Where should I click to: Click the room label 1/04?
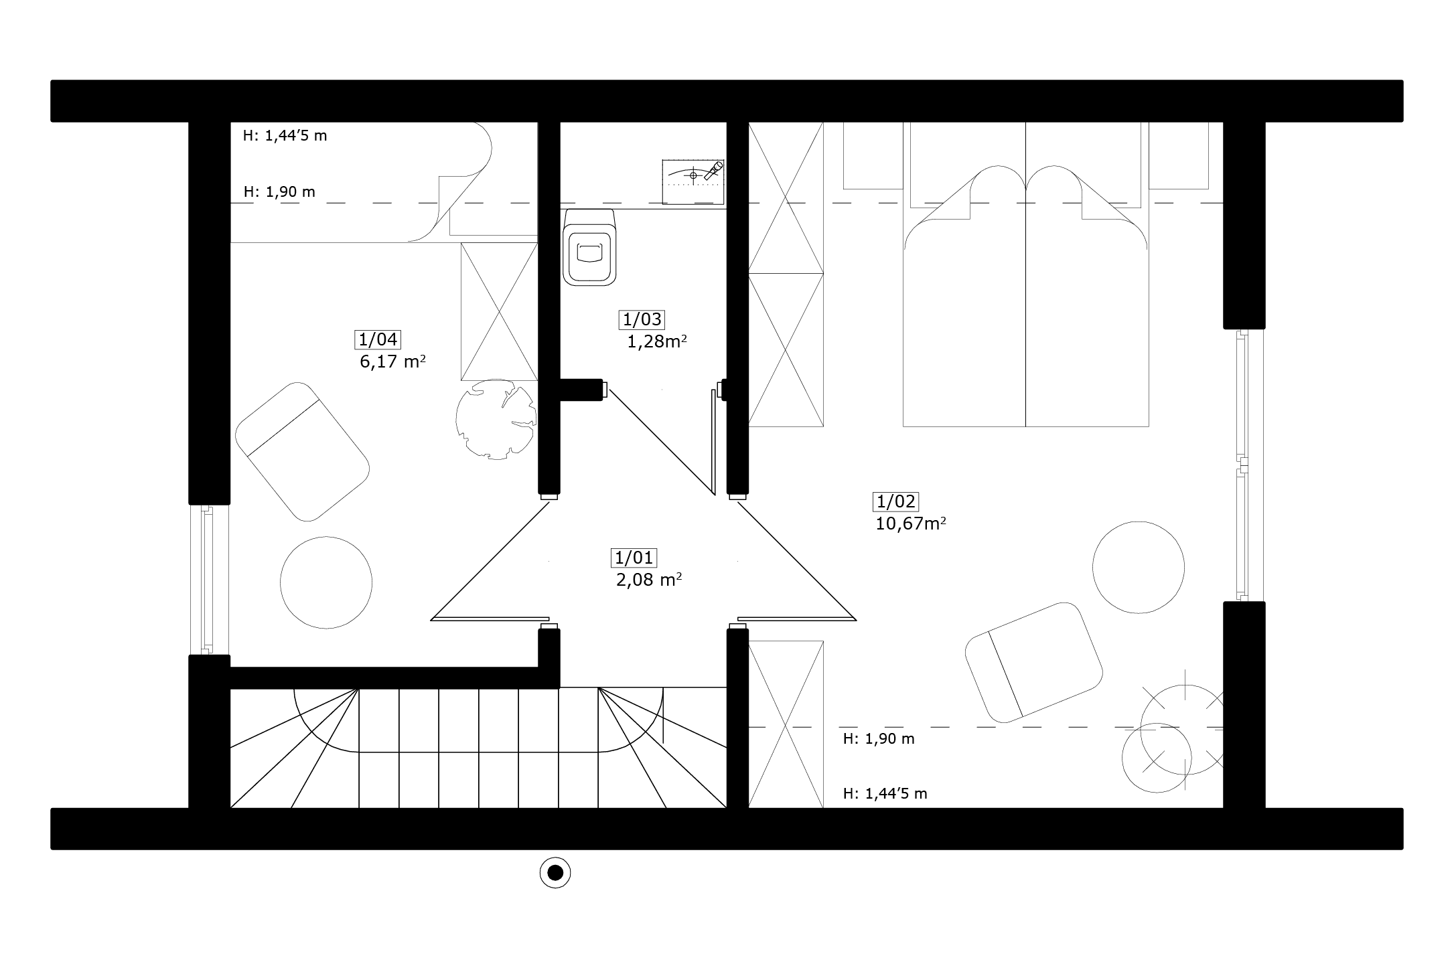coord(378,339)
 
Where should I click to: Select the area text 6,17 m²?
coord(393,361)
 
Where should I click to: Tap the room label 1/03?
coord(642,319)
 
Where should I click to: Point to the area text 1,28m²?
coord(657,341)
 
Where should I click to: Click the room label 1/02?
coord(895,501)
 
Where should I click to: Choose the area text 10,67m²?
coord(911,523)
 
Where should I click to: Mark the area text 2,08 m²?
coord(649,580)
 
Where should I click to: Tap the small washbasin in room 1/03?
coord(694,181)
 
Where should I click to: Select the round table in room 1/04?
coord(326,582)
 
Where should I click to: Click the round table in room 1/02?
coord(1139,567)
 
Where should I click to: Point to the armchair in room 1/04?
coord(303,451)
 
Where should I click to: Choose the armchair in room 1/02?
coord(1034,663)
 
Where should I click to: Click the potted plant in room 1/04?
coord(496,418)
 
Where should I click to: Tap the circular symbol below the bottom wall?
coord(555,872)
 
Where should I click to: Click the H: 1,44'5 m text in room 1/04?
coord(285,136)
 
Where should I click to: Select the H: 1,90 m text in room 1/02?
coord(879,739)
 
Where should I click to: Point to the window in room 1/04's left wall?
coord(209,579)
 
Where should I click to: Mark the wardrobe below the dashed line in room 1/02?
coord(786,724)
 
